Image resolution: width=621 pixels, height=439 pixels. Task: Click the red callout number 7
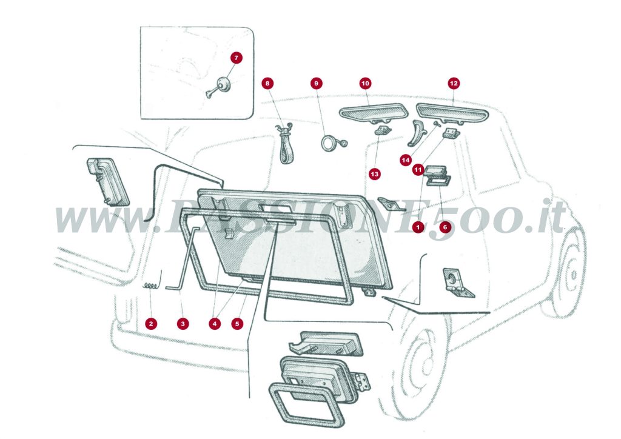click(237, 58)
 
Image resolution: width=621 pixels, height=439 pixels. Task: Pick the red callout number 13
click(375, 174)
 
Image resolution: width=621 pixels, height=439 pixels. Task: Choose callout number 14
click(406, 159)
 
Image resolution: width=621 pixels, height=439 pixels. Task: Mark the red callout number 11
click(418, 170)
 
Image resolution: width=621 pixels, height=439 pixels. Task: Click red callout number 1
click(417, 227)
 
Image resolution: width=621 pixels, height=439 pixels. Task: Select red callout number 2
click(151, 324)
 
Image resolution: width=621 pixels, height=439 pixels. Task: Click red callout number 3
click(183, 324)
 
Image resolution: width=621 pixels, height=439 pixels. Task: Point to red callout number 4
click(214, 324)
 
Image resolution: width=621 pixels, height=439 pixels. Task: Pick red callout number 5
click(237, 324)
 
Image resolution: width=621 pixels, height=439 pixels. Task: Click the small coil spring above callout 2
click(151, 286)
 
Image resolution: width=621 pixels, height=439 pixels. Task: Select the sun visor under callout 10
click(373, 113)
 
